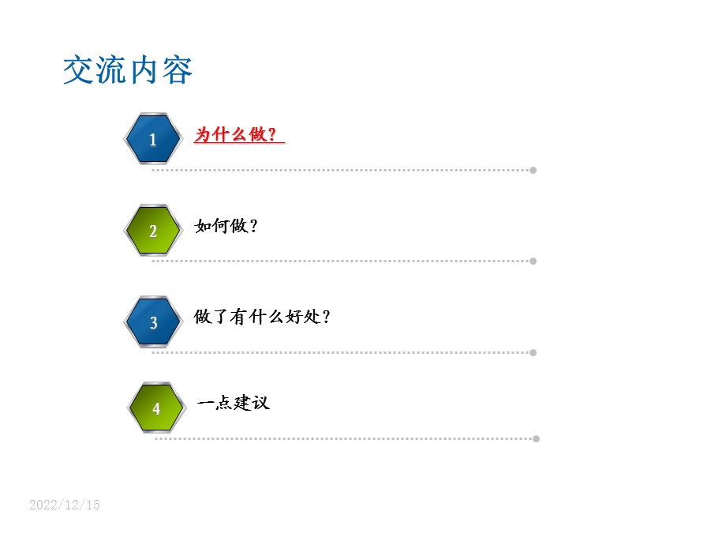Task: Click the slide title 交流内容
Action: [x=128, y=70]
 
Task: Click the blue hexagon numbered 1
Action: [x=153, y=139]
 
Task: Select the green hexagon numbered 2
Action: [x=153, y=231]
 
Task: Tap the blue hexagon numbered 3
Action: [x=153, y=322]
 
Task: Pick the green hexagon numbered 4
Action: [x=156, y=408]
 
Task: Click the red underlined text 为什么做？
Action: [x=238, y=135]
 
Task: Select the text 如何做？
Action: [x=226, y=226]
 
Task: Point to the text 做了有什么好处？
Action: [x=262, y=317]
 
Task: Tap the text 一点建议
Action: [x=234, y=403]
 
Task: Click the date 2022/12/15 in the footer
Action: [x=65, y=505]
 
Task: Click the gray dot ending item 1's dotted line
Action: [x=533, y=170]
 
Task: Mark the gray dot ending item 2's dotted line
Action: [x=533, y=261]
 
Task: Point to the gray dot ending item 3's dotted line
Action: [x=533, y=352]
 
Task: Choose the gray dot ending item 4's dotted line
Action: [x=536, y=438]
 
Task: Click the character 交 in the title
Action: [x=79, y=70]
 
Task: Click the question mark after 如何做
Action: [x=253, y=227]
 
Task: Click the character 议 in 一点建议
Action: [x=260, y=403]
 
